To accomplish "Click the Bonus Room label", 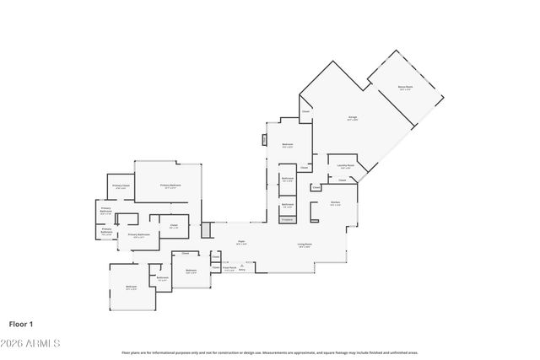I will [x=405, y=87].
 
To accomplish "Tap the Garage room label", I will [x=353, y=118].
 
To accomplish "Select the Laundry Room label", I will [x=345, y=166].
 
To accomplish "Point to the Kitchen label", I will [x=335, y=203].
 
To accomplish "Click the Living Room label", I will [x=305, y=244].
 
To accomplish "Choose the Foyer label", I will [x=240, y=242].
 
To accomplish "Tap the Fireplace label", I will [x=287, y=219].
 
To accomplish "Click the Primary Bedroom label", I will [x=170, y=185].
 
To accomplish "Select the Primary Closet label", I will [x=121, y=185].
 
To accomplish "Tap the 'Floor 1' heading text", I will [x=21, y=323].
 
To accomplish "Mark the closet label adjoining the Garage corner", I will [x=306, y=110].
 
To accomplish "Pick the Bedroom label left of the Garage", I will [x=287, y=145].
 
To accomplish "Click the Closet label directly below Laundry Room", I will [x=342, y=180].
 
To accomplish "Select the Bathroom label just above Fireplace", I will [x=288, y=204].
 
